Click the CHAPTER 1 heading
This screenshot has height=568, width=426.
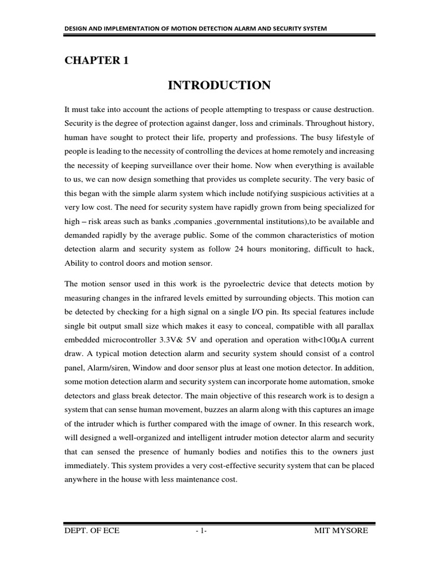pos(97,61)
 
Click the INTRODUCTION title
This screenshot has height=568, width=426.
pos(219,85)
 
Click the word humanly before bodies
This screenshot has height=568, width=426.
pos(184,452)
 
